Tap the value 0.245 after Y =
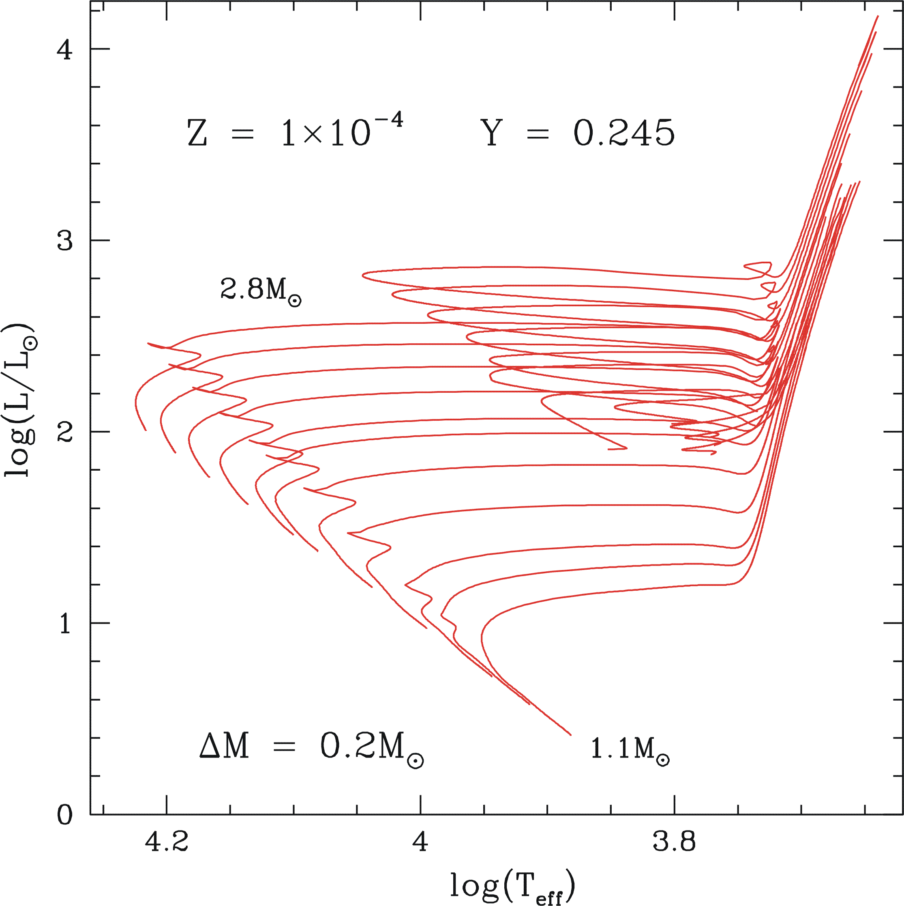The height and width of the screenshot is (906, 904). pyautogui.click(x=624, y=133)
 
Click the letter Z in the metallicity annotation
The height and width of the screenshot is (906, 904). pyautogui.click(x=197, y=133)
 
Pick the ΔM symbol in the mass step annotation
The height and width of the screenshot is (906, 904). pyautogui.click(x=224, y=746)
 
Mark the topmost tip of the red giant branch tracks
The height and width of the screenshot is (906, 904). pyautogui.click(x=878, y=16)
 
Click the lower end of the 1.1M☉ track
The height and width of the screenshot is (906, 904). pyautogui.click(x=570, y=734)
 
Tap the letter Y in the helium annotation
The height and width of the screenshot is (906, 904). pyautogui.click(x=492, y=133)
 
